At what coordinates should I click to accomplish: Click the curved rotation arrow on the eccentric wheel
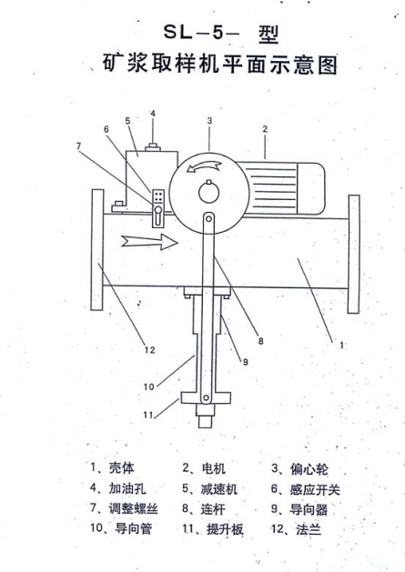click(x=204, y=166)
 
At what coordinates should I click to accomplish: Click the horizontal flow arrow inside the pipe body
click(x=149, y=242)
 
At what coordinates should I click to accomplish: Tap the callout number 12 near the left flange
click(x=150, y=350)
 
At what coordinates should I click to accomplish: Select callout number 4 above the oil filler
click(x=153, y=114)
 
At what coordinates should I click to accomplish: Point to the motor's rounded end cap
click(x=311, y=188)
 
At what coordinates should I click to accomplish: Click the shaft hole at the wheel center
click(x=209, y=193)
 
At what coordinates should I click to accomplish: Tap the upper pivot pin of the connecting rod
click(x=208, y=218)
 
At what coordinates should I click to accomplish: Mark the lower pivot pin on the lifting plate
click(x=206, y=397)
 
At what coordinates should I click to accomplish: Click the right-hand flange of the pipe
click(x=353, y=254)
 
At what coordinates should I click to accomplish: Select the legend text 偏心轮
click(x=309, y=469)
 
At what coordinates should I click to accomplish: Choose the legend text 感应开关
click(x=315, y=489)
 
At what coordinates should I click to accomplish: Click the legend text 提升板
click(x=225, y=529)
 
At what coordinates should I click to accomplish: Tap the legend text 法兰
click(x=309, y=529)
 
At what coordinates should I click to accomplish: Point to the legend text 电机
click(x=213, y=468)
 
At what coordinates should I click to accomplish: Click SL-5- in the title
click(x=201, y=34)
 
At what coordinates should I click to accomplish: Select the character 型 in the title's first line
click(x=268, y=35)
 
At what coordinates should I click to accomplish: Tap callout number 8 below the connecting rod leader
click(x=261, y=341)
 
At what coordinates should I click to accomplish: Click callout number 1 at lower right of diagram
click(x=342, y=345)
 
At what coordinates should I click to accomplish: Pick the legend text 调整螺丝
click(x=133, y=508)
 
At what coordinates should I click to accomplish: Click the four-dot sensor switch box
click(x=158, y=196)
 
